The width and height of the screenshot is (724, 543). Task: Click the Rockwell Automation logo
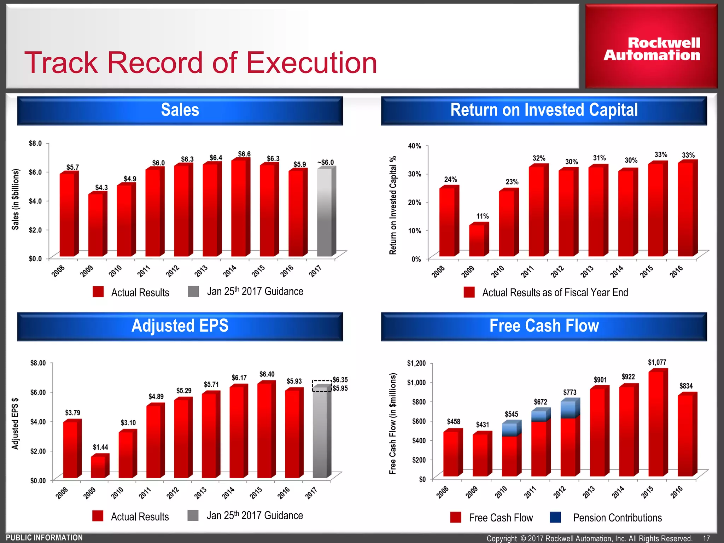coord(652,49)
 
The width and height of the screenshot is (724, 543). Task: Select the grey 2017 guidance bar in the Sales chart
coord(324,212)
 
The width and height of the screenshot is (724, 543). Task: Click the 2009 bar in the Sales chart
coord(95,225)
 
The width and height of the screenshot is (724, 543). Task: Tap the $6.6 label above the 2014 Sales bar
coord(244,154)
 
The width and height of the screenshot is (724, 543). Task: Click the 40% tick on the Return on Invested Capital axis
coord(415,146)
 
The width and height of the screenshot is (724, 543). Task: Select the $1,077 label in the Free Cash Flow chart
coord(657,362)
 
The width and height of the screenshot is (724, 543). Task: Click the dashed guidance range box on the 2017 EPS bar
coord(322,386)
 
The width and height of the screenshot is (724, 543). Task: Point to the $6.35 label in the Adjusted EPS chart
coord(340,380)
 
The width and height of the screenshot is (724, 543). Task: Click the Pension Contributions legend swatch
coord(555,517)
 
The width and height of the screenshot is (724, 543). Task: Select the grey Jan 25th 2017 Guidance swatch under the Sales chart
coord(193,291)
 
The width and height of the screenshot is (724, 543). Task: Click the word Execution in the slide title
coord(311,63)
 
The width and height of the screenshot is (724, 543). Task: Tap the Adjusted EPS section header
coord(180,326)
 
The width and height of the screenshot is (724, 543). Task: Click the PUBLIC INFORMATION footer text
coord(45,538)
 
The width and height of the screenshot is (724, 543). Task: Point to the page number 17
coord(706,538)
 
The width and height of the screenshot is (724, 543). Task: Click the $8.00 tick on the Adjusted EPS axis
coord(38,363)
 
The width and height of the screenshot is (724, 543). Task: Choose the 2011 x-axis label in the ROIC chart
coord(527,272)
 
